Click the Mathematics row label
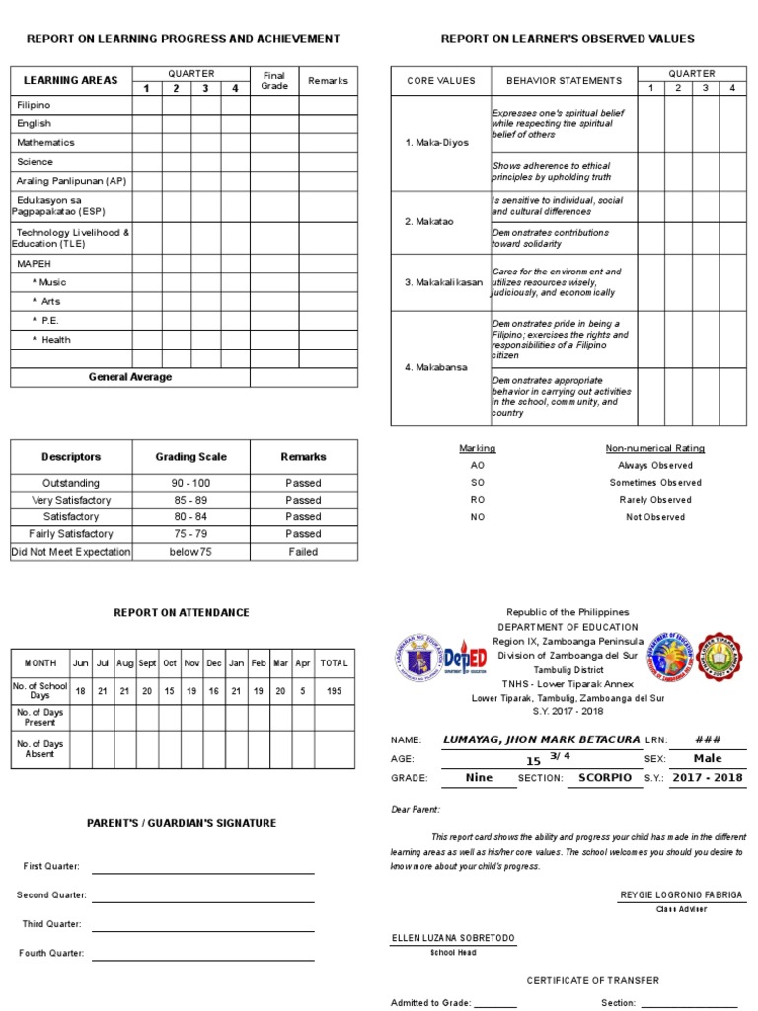(45, 142)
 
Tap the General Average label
(129, 377)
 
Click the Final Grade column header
(273, 80)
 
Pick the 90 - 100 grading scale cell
(190, 483)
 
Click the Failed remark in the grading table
(303, 552)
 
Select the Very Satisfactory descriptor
(70, 500)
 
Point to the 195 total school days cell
(334, 691)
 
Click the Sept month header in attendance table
(147, 663)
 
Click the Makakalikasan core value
(441, 282)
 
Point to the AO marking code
(478, 465)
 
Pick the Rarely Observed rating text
(654, 500)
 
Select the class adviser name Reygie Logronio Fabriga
(681, 894)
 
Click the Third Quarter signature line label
(52, 924)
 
